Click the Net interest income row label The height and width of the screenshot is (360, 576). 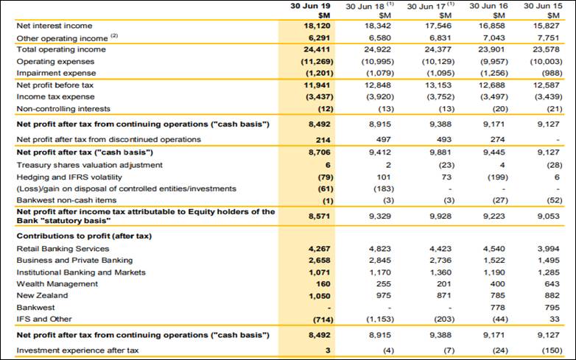pyautogui.click(x=55, y=26)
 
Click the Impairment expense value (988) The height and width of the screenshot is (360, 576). pyautogui.click(x=547, y=73)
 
